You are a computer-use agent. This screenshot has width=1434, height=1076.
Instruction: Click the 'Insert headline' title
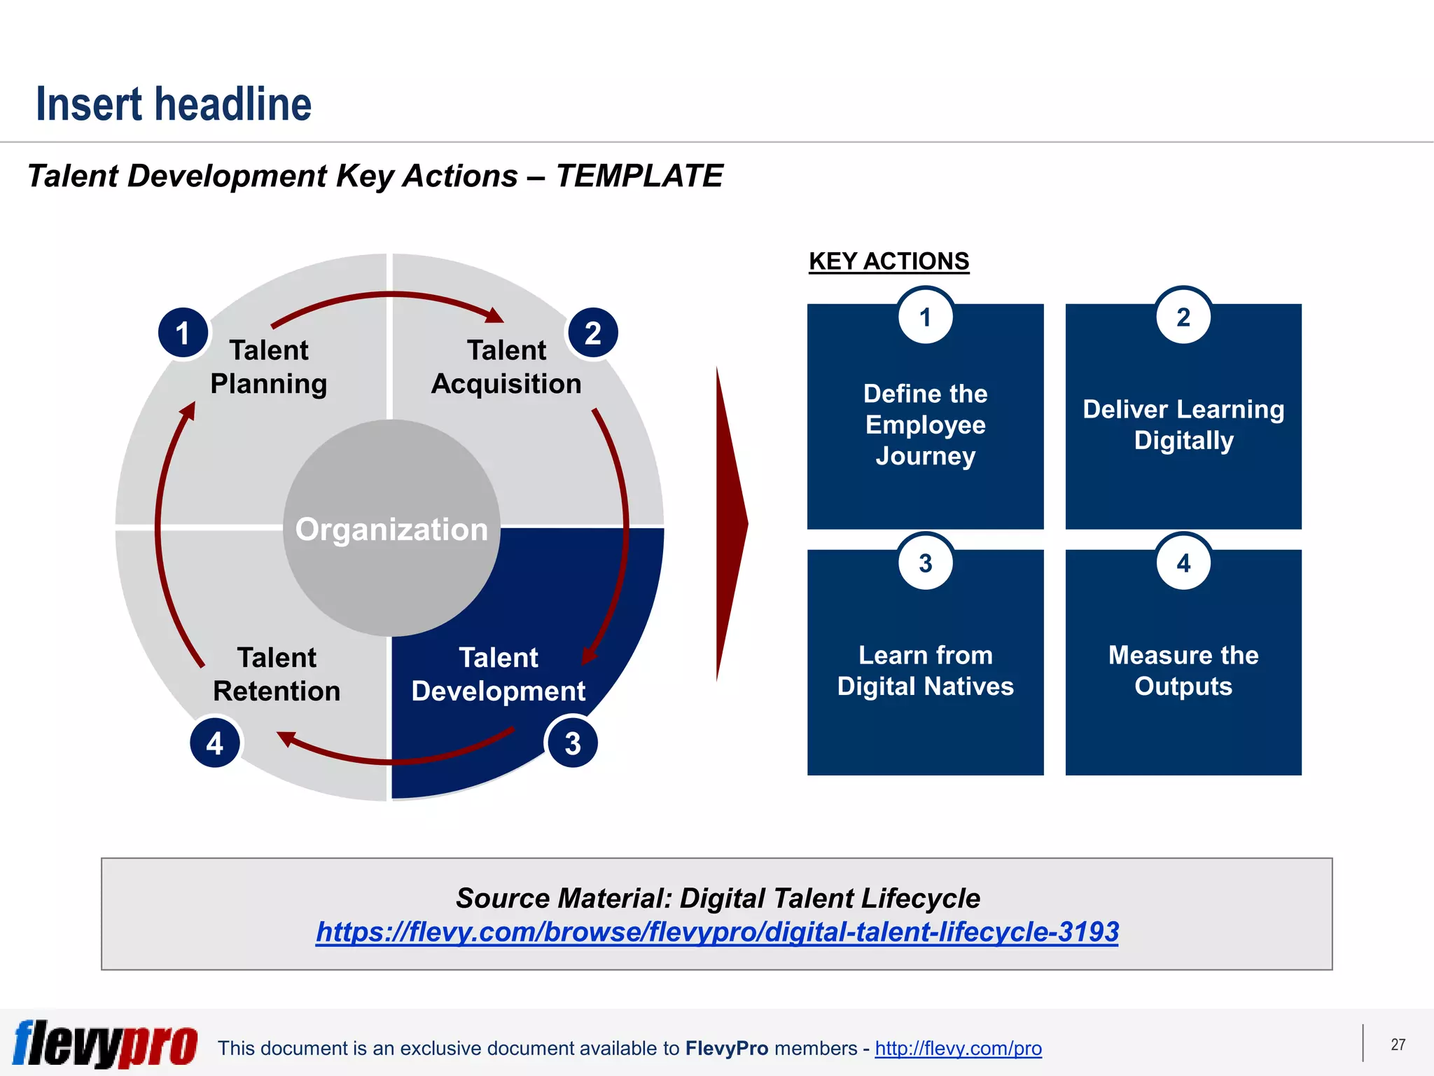tap(174, 104)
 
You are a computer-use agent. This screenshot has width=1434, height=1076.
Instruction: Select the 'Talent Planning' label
tap(269, 367)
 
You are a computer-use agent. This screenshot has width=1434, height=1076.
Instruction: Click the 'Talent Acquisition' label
tap(506, 367)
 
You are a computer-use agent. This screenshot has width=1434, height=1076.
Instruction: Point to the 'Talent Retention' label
tap(277, 675)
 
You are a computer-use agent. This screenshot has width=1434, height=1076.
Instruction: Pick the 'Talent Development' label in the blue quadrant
tap(499, 675)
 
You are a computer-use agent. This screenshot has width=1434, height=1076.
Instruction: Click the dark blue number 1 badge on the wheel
tap(183, 333)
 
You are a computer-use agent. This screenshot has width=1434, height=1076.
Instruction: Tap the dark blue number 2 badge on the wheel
tap(593, 333)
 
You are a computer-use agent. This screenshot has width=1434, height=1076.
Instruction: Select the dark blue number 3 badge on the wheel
tap(573, 743)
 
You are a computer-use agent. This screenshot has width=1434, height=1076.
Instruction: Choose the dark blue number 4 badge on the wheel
tap(215, 743)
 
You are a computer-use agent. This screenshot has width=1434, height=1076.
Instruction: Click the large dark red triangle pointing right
tap(730, 524)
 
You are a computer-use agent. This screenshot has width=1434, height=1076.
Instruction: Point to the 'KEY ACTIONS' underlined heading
tap(889, 261)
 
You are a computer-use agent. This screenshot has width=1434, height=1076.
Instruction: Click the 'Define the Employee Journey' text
tap(925, 425)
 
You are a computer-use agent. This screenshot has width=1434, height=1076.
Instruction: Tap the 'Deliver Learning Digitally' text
tap(1183, 425)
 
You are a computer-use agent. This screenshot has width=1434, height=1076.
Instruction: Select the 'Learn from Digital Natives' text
tap(925, 670)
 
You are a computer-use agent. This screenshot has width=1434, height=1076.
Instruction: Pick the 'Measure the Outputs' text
tap(1183, 670)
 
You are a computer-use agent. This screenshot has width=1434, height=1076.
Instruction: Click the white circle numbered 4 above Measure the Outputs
tap(1183, 563)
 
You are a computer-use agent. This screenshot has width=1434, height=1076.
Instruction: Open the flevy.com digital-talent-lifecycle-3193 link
tap(717, 932)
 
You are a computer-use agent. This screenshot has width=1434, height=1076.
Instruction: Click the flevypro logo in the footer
tap(105, 1044)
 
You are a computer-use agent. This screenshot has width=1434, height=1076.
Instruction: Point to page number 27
tap(1398, 1044)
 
